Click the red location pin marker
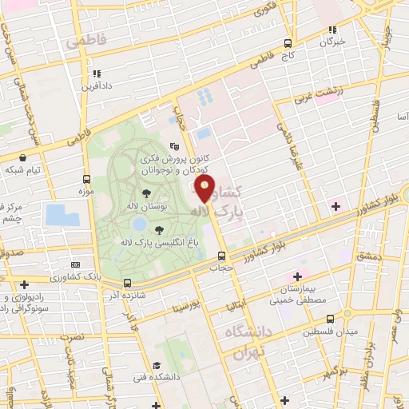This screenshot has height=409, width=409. (205, 189)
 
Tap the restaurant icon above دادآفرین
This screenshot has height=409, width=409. (85, 74)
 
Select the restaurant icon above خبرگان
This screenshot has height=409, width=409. (332, 30)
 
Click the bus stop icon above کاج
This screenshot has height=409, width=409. (288, 45)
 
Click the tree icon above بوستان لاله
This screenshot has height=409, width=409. (145, 193)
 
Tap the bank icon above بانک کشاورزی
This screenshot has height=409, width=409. (75, 264)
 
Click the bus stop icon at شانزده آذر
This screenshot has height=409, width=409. (127, 283)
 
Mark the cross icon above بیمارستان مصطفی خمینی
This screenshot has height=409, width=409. (297, 276)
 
